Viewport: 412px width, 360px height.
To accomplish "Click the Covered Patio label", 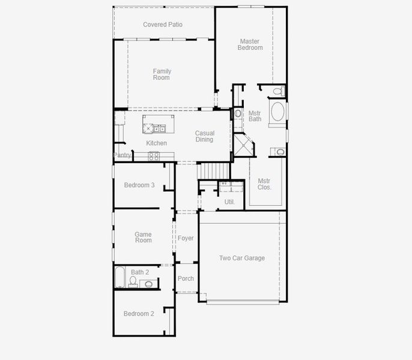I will click(163, 25).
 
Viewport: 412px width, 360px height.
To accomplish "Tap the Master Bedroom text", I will click(250, 45).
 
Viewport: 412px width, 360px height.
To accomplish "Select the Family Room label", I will click(162, 74).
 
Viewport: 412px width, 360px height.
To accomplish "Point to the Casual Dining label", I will click(204, 136).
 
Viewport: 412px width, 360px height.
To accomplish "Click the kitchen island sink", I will click(160, 127).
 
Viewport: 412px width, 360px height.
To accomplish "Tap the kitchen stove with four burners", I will click(154, 156).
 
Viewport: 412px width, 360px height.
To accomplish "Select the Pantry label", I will click(123, 155).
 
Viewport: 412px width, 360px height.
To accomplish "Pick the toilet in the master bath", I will click(278, 91).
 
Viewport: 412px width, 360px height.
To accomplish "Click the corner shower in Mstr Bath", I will click(243, 145).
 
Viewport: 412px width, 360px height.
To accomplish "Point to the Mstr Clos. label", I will click(264, 184).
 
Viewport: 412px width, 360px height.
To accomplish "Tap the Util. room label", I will click(229, 202).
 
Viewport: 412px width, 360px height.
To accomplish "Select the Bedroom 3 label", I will click(139, 185).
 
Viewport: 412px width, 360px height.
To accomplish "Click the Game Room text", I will click(143, 237).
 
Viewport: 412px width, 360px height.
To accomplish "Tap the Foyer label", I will click(186, 238).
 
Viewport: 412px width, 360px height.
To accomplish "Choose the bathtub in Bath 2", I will click(120, 277).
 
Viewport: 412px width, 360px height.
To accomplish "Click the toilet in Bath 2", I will click(133, 280).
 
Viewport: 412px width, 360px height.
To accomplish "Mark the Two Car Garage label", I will click(241, 258).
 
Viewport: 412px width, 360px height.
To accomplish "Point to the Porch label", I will click(186, 278).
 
